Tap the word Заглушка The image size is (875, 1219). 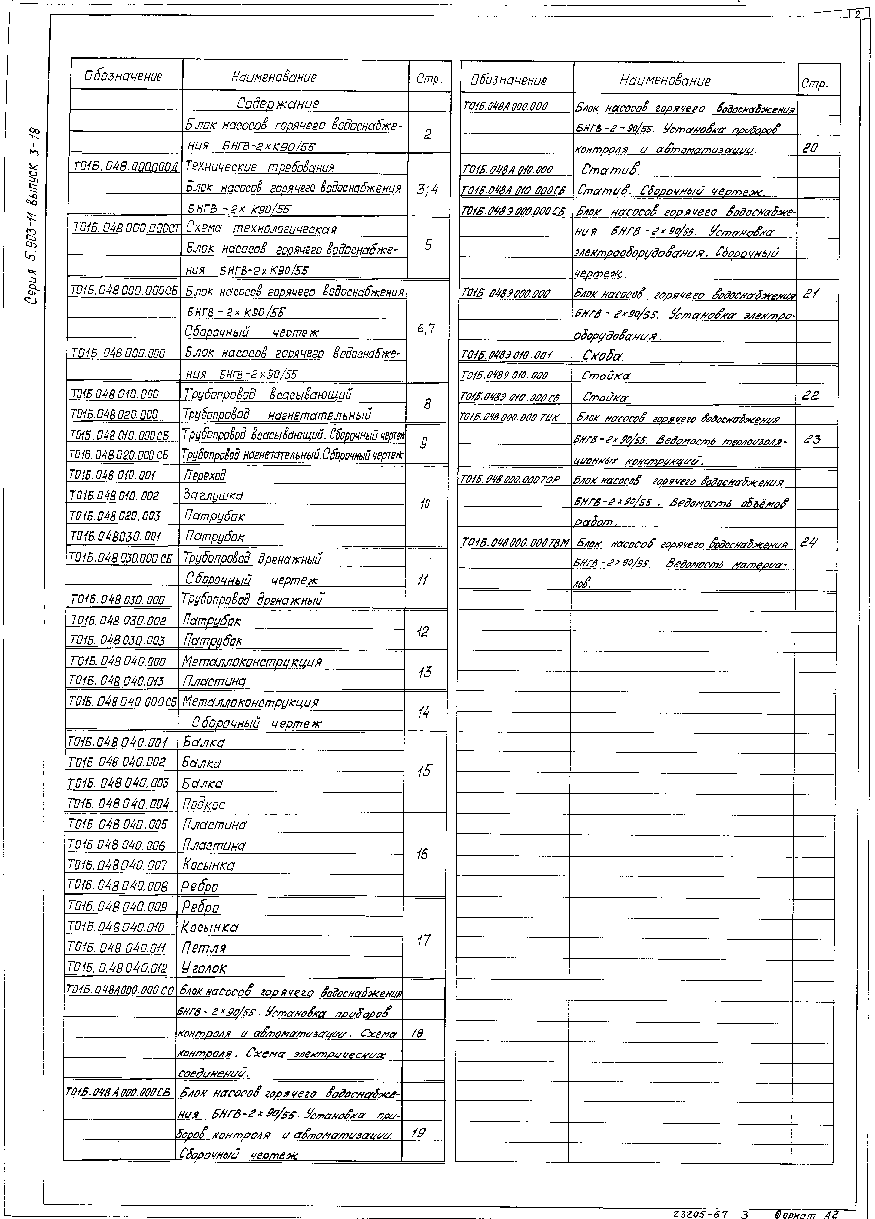(213, 494)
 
